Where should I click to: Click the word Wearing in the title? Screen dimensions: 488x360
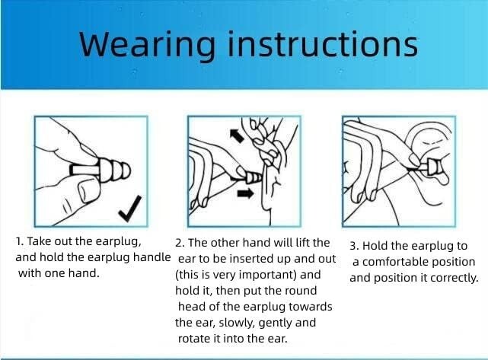coord(147,44)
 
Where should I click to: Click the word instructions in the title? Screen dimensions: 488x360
coord(323,43)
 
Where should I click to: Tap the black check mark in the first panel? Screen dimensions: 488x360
coord(130,208)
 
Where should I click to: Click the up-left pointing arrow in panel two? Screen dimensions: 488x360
coord(237,135)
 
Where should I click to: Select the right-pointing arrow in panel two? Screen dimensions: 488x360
coord(245,193)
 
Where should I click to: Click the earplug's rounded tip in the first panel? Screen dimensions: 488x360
coord(126,170)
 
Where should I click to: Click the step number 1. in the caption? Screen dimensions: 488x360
coord(20,241)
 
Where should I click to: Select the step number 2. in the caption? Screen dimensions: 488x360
coord(180,243)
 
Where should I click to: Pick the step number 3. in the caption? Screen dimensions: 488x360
coord(355,246)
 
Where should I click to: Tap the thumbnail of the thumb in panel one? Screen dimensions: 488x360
coord(84,190)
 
